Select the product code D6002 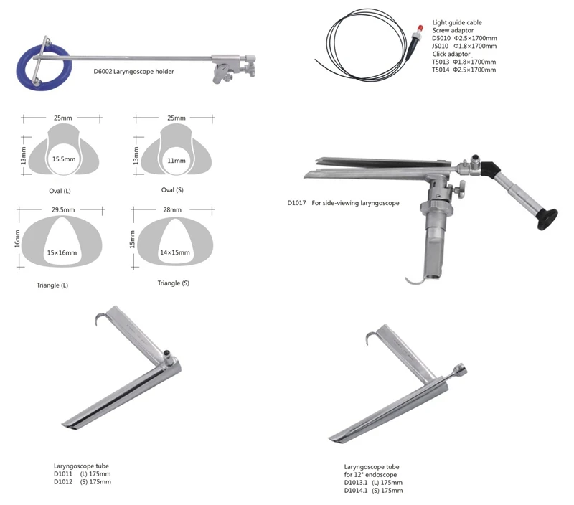[103, 72]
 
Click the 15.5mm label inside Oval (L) [64, 159]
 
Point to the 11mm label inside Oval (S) [176, 161]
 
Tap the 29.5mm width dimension [63, 210]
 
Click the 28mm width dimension [172, 210]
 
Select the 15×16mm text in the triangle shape [62, 253]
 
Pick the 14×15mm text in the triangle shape [175, 252]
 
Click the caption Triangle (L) [52, 285]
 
